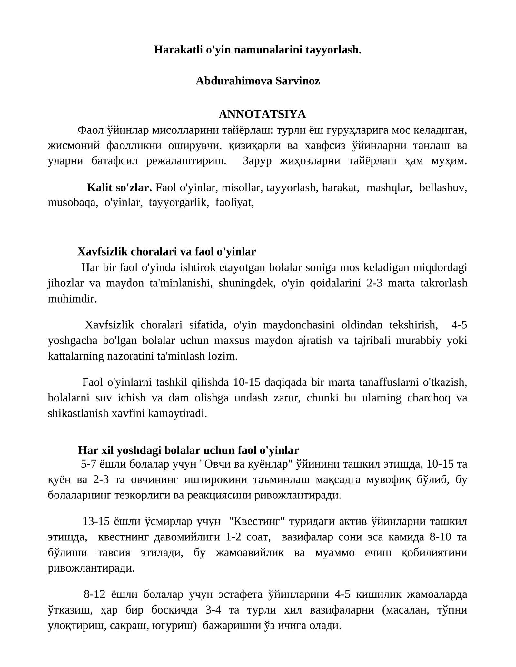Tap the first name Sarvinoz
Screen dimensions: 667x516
coord(297,81)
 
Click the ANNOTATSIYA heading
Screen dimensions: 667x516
coord(262,114)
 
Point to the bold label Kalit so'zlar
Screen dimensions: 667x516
coord(119,188)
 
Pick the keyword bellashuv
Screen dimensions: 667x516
coord(443,188)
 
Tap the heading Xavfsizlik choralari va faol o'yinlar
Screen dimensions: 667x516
coord(166,252)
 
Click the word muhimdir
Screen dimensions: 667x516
coord(72,299)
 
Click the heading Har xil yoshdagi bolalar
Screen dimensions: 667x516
coord(188,450)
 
